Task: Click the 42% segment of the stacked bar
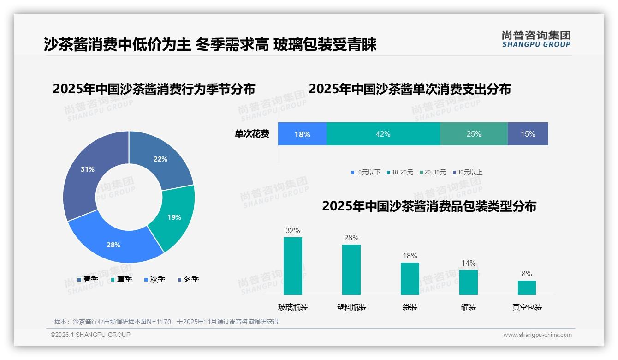tap(383, 134)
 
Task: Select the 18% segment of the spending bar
tap(302, 134)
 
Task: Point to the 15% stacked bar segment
tap(528, 134)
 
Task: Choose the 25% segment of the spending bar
tap(474, 134)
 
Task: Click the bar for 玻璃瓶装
tap(293, 266)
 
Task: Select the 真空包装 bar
tap(527, 288)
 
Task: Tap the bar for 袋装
tap(410, 278)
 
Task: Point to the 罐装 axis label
tap(468, 307)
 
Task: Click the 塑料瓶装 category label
tap(351, 307)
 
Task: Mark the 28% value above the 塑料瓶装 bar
tap(351, 238)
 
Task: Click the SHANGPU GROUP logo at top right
tap(536, 39)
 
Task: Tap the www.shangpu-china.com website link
tap(537, 335)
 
